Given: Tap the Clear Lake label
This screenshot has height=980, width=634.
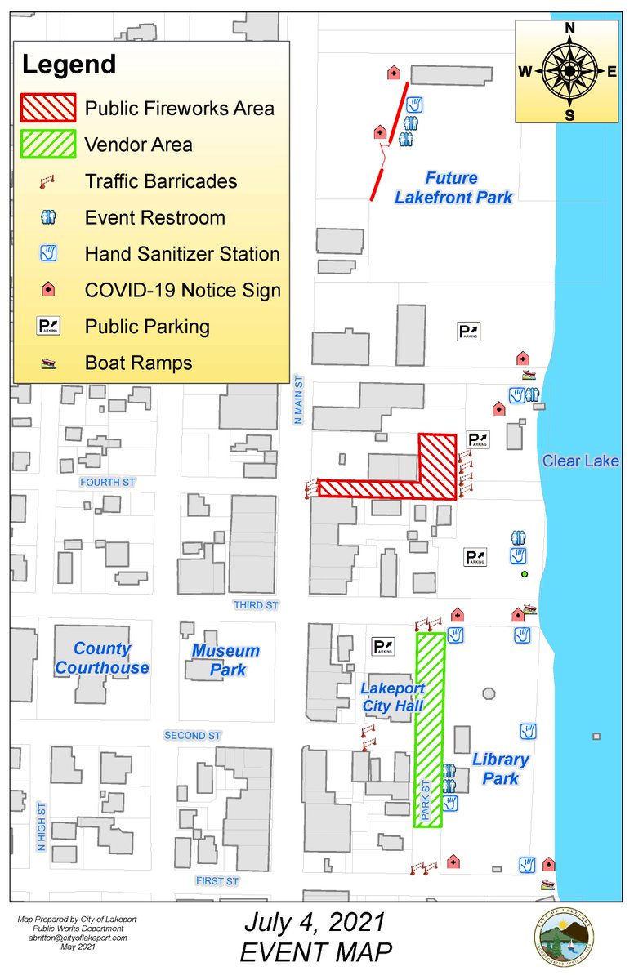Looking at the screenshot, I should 581,461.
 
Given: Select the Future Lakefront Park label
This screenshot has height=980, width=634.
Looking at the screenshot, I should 453,187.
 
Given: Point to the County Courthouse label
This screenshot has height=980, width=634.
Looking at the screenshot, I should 102,658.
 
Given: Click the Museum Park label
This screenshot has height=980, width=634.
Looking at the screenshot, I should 225,660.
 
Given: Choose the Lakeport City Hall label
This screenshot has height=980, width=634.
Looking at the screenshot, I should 393,697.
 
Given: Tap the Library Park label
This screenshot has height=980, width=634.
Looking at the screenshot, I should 500,768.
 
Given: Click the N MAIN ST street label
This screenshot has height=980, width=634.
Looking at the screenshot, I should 299,399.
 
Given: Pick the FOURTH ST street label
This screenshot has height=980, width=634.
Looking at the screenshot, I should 107,483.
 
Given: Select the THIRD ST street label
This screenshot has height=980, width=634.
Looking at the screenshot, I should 257,605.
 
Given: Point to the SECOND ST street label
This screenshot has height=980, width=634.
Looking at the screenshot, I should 193,736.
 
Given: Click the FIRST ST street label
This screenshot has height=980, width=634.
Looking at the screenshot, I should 217,881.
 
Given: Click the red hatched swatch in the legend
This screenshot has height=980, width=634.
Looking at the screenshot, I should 48,108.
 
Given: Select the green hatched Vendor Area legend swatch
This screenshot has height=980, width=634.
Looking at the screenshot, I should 48,145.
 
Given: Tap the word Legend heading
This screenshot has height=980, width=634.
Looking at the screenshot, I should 69,64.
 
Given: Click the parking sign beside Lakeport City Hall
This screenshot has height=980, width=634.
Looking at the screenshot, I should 382,646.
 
